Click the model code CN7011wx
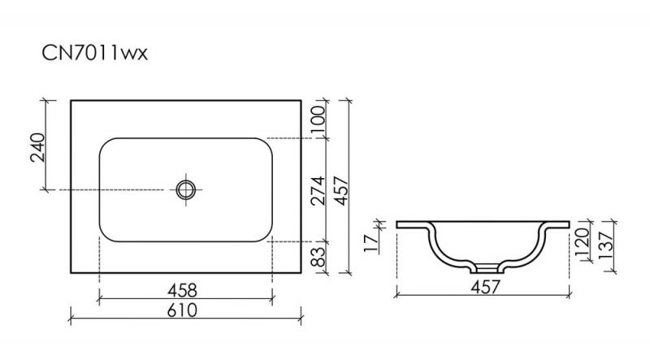pos(94,53)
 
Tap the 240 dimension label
pos(37,147)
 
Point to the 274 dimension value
pos(318,190)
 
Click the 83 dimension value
pos(318,257)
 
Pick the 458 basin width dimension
pos(182,290)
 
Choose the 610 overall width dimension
pos(182,310)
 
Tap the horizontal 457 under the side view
pos(485,287)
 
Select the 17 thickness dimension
pos(371,243)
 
